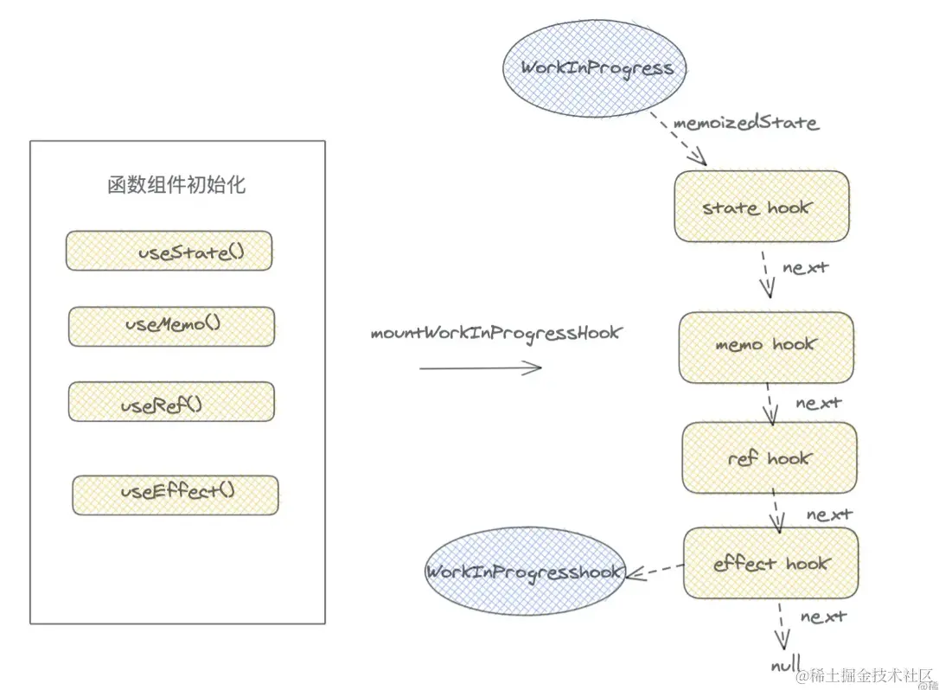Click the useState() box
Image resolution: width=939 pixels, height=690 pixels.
(169, 251)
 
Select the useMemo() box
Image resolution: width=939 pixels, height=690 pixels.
(172, 326)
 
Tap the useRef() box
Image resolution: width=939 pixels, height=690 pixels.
(172, 402)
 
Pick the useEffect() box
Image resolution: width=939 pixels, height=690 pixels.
(176, 495)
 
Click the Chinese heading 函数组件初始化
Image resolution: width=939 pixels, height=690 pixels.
(176, 185)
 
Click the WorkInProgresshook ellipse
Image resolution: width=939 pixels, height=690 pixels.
(525, 572)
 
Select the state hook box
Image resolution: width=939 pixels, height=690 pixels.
(761, 207)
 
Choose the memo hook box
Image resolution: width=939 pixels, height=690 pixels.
(766, 346)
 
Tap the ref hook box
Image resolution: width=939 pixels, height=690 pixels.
(770, 458)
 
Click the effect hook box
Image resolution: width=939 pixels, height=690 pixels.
(771, 564)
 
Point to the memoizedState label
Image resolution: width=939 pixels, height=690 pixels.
(745, 123)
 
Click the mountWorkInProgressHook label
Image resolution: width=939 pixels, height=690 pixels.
(495, 333)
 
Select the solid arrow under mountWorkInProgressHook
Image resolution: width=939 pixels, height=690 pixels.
(481, 367)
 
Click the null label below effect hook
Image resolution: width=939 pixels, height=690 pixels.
(783, 667)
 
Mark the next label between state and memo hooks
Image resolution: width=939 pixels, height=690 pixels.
(805, 267)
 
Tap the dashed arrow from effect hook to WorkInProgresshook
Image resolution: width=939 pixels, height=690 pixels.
(655, 570)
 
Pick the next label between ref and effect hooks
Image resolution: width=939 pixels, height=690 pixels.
(829, 514)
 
